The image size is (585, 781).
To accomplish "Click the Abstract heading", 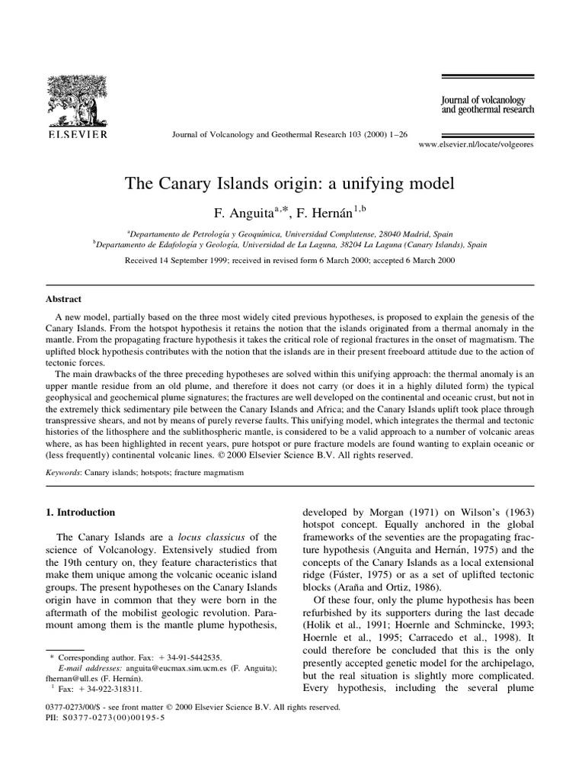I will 63,300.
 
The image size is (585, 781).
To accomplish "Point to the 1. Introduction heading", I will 82,513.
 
